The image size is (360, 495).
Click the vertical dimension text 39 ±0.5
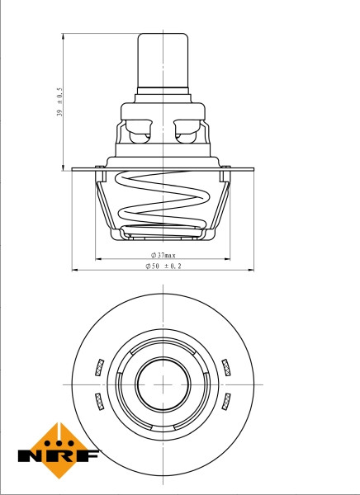pyautogui.click(x=59, y=102)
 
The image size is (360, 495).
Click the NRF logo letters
pyautogui.click(x=59, y=455)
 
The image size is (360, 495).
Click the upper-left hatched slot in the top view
pyautogui.click(x=100, y=365)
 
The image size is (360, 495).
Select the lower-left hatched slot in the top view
pyautogui.click(x=100, y=400)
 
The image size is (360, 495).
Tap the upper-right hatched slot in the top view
pyautogui.click(x=226, y=365)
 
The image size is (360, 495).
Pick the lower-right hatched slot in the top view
pyautogui.click(x=226, y=400)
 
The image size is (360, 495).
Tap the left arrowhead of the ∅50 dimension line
pyautogui.click(x=75, y=270)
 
